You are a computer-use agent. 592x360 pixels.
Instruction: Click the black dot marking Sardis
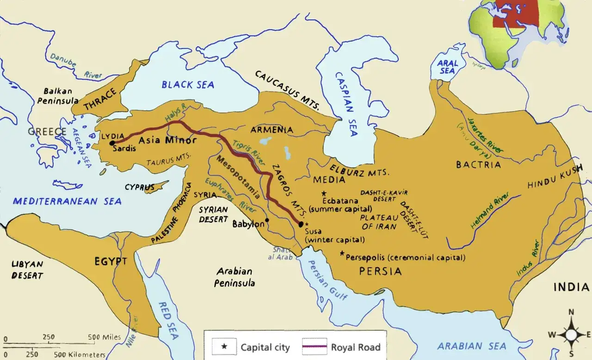tap(112, 143)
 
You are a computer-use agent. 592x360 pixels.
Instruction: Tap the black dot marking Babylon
tap(267, 220)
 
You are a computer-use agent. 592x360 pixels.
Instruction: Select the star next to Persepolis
tap(342, 253)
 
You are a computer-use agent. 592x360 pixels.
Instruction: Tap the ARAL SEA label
tap(447, 67)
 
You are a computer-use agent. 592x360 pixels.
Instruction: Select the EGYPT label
tap(111, 262)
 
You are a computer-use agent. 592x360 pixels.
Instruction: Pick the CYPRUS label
tap(139, 187)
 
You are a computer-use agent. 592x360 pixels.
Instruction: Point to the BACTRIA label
tap(478, 165)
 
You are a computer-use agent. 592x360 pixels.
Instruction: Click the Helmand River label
tap(490, 211)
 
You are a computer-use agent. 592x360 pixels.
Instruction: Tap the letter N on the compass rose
tap(571, 311)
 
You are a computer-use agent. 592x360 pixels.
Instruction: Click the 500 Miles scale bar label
tap(105, 337)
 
